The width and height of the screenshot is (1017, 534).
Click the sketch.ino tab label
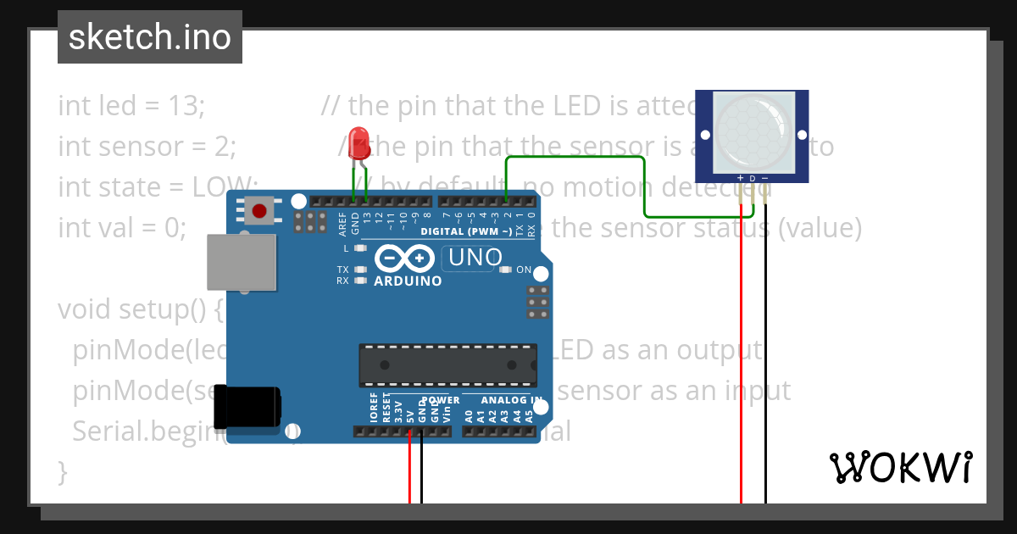149,37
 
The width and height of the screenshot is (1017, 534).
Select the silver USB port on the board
242,263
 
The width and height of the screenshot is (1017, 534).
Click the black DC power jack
247,406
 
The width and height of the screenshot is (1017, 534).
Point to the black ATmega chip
447,364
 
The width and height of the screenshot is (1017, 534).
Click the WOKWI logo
900,467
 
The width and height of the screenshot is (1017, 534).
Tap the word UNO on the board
475,257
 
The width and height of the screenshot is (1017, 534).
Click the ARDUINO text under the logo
408,281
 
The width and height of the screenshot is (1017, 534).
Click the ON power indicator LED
506,270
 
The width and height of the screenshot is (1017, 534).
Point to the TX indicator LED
361,270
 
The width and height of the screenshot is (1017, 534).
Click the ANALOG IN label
512,400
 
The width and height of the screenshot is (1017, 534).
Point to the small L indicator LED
361,248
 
